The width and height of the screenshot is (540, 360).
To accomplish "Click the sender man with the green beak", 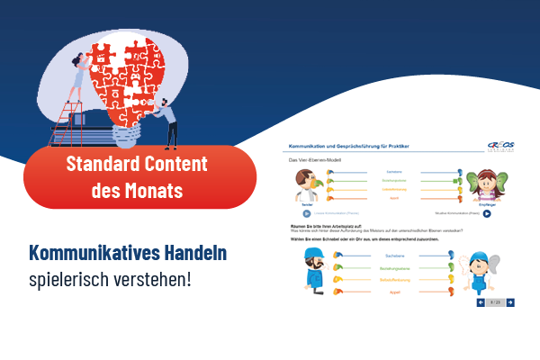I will pos(307,184).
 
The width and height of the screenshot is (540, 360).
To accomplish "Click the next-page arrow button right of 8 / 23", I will pos(511,302).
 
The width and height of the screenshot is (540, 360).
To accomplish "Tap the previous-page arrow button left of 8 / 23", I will pos(481,302).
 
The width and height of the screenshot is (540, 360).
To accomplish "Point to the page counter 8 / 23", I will pos(496,302).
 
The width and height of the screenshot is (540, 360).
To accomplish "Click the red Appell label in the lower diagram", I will pos(392,292).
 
